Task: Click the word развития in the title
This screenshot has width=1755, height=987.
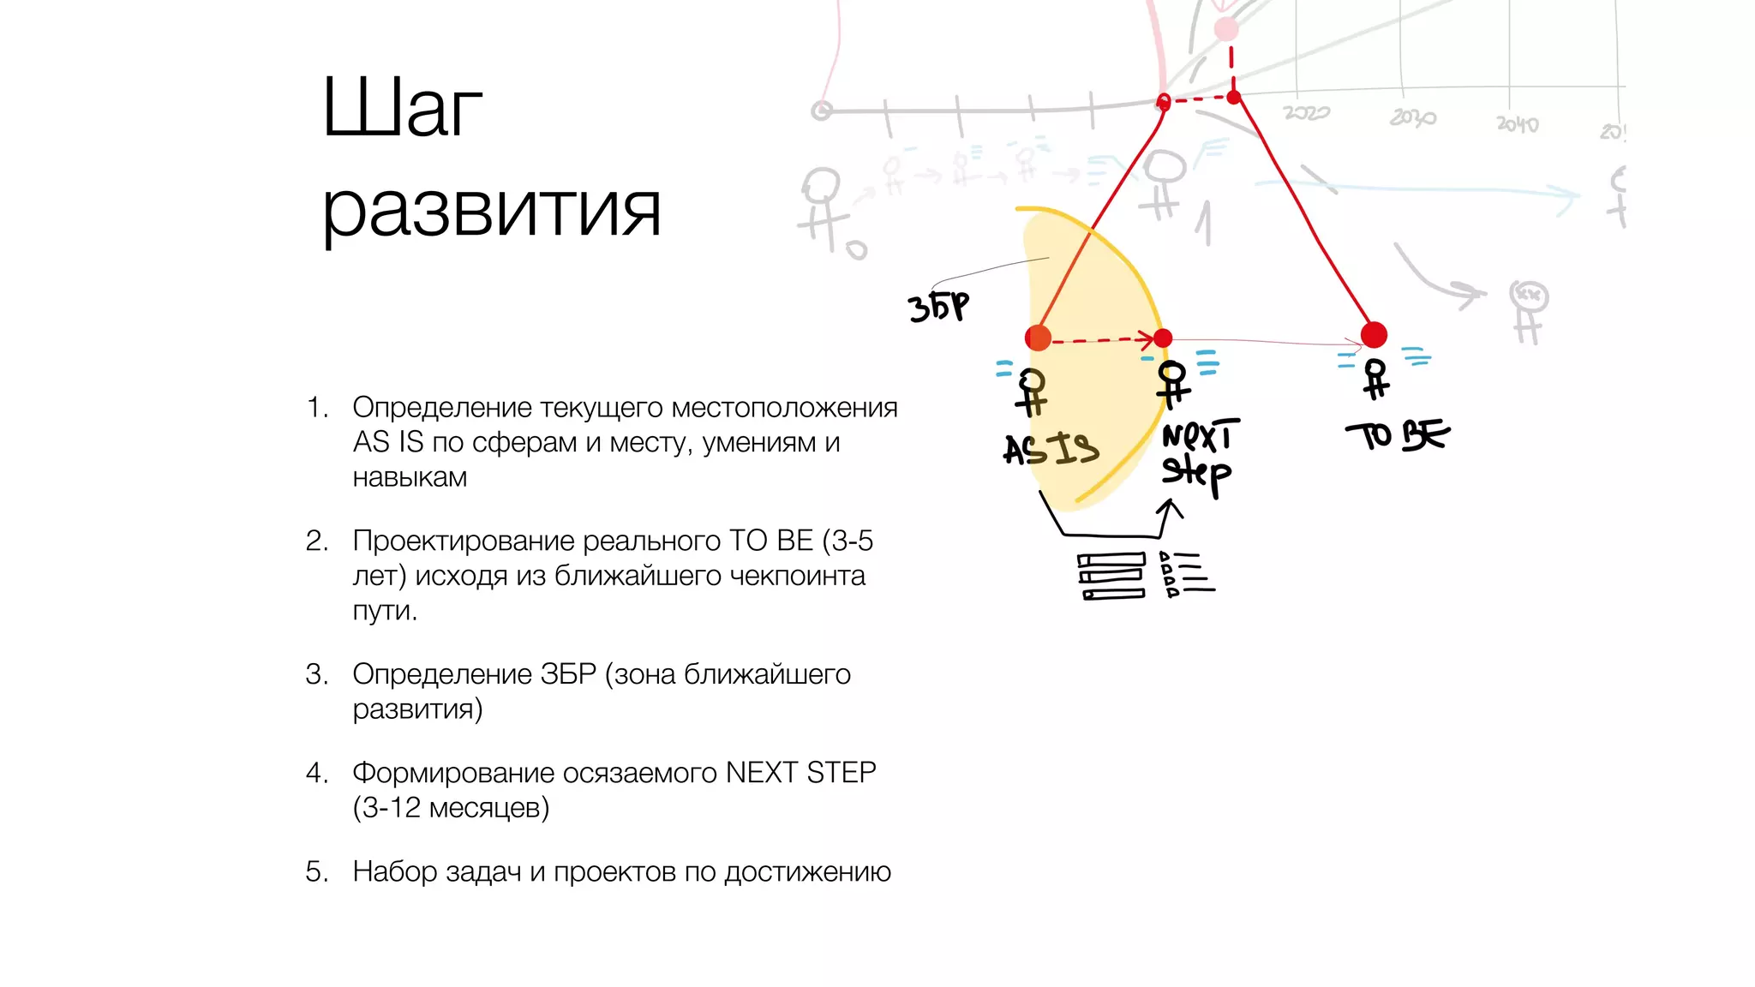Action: click(x=491, y=210)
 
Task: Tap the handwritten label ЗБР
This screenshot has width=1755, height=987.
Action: click(x=938, y=307)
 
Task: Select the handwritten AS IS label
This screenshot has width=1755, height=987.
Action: click(x=1051, y=448)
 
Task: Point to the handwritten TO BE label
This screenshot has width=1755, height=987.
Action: click(x=1397, y=435)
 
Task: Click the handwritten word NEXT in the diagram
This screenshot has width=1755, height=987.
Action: click(x=1200, y=436)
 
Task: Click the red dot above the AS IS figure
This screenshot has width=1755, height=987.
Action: click(x=1039, y=338)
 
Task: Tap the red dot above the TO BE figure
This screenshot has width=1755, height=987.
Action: click(x=1374, y=334)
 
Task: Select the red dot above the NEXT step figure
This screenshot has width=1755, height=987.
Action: click(x=1163, y=338)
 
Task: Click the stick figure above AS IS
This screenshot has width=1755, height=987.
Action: click(x=1033, y=392)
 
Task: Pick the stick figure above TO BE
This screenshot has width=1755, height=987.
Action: click(x=1376, y=379)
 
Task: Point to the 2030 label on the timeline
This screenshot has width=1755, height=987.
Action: click(x=1412, y=117)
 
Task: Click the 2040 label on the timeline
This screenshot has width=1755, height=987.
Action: click(x=1518, y=124)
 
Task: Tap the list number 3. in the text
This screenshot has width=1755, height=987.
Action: click(x=316, y=674)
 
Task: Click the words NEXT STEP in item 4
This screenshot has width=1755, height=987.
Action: click(x=800, y=773)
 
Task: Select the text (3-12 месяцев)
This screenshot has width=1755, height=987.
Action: click(x=451, y=808)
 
